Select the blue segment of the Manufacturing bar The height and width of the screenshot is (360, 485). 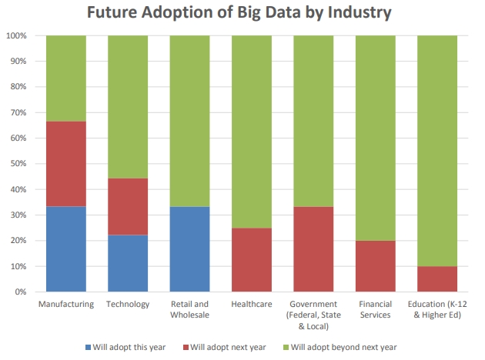(x=66, y=249)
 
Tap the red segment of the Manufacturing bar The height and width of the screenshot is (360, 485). (x=66, y=164)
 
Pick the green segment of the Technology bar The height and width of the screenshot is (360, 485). (x=128, y=107)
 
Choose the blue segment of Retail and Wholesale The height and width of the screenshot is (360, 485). (x=189, y=249)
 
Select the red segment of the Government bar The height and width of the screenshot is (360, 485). (x=313, y=249)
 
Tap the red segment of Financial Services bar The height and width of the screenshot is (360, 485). (x=375, y=266)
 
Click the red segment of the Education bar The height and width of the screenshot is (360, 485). (x=437, y=279)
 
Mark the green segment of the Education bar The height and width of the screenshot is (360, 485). (x=437, y=151)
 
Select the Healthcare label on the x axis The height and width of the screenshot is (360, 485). (x=252, y=304)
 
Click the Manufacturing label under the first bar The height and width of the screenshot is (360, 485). (x=66, y=304)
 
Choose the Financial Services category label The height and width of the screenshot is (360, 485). (x=375, y=309)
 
